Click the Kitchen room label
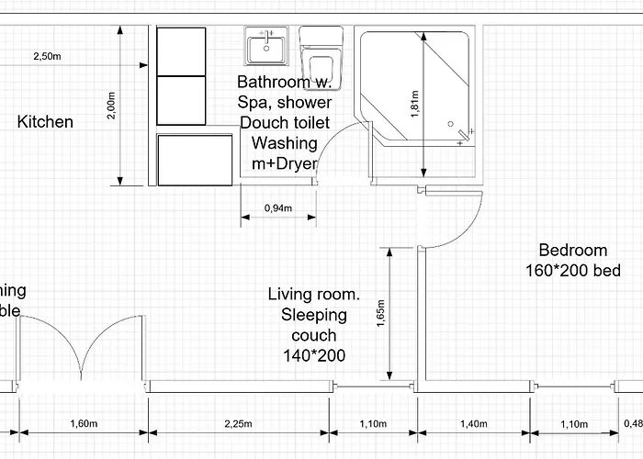(45, 122)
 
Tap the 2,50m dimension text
(47, 57)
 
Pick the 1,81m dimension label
(414, 104)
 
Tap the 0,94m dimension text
(278, 208)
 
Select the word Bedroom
(573, 250)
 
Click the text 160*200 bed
(573, 271)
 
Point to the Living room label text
(313, 295)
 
